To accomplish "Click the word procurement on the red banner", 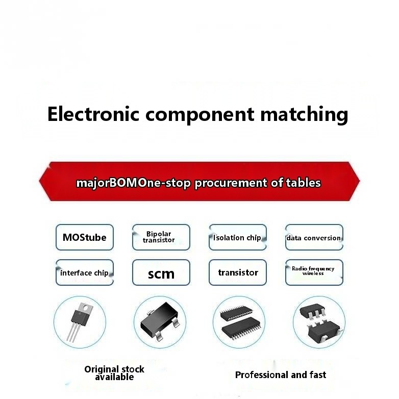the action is coord(230,183).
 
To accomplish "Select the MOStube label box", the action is coord(85,237).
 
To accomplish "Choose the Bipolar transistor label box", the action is coord(161,237).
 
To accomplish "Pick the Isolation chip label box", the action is coord(237,237).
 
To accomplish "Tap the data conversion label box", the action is coord(314,238).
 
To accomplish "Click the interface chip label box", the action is coord(85,273).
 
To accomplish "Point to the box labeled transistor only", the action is coord(238,272).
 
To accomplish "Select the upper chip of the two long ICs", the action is coord(238,313).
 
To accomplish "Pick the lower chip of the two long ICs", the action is coord(239,329).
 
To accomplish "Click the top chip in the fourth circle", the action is coord(313,312).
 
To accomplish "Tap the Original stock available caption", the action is coord(114,373).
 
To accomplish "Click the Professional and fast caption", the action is coord(281,375).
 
